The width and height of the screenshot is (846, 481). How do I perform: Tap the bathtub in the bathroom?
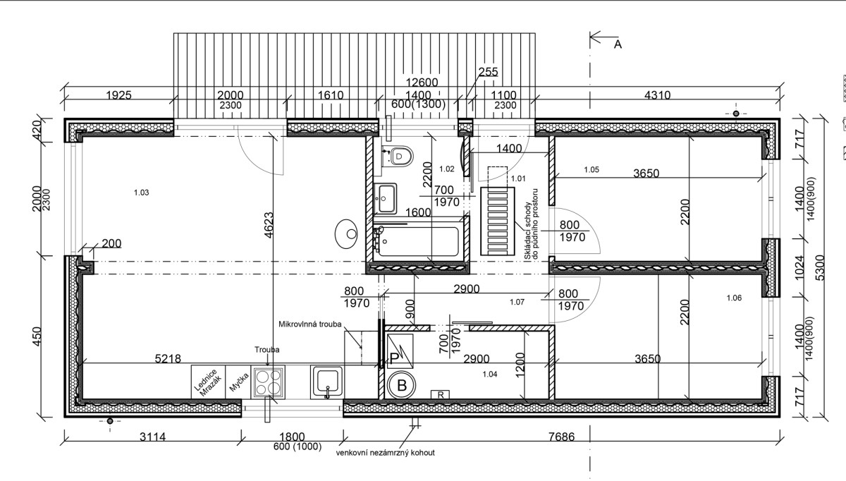pos(417,240)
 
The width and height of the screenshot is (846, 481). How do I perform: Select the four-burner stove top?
pos(268,382)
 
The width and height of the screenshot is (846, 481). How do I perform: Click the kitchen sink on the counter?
pos(327,382)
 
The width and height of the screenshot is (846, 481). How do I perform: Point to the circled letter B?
pos(402,385)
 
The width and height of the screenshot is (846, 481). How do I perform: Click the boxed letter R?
pos(441,395)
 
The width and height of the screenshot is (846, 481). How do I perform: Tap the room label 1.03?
pos(141,193)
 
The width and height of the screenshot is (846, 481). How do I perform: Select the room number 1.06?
pos(734,298)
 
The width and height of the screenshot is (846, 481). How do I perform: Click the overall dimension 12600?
pos(422,83)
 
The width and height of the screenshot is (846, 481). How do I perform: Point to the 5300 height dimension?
pos(820,268)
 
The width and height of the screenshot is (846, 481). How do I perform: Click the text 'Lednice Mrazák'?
pos(208,382)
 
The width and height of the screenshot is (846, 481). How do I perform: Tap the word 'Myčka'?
pos(239,382)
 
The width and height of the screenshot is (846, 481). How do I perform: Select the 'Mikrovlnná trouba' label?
pos(309,324)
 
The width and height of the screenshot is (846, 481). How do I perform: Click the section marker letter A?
pos(618,44)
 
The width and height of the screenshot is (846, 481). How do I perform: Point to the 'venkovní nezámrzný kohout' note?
pos(385,452)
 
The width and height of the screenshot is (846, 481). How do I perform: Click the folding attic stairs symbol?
pos(498,221)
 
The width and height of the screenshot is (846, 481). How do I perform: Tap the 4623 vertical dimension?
pos(269,225)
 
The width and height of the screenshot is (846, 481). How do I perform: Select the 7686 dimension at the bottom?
pos(561,437)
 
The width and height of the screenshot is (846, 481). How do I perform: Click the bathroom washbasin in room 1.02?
pos(385,198)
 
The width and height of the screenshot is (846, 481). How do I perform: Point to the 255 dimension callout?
pos(488,72)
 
